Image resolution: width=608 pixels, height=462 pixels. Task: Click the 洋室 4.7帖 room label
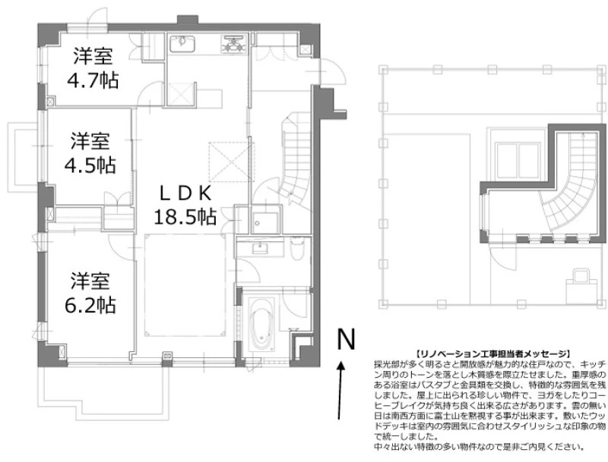93,68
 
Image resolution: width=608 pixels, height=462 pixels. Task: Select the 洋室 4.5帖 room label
90,152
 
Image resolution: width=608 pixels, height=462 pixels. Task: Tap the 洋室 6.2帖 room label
90,293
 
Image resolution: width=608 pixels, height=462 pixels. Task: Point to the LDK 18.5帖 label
185,205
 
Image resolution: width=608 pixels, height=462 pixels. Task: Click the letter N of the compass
346,339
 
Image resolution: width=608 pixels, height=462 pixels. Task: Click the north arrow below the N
340,390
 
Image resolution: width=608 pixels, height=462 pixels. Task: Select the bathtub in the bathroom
261,324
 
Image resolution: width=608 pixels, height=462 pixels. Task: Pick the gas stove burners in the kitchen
234,43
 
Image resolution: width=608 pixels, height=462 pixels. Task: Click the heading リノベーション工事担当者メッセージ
492,354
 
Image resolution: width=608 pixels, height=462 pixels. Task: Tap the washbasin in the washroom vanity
259,247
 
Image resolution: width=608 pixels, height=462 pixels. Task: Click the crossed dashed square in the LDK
232,162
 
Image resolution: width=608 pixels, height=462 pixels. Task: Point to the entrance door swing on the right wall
331,71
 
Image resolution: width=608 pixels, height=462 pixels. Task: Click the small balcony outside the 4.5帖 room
24,157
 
